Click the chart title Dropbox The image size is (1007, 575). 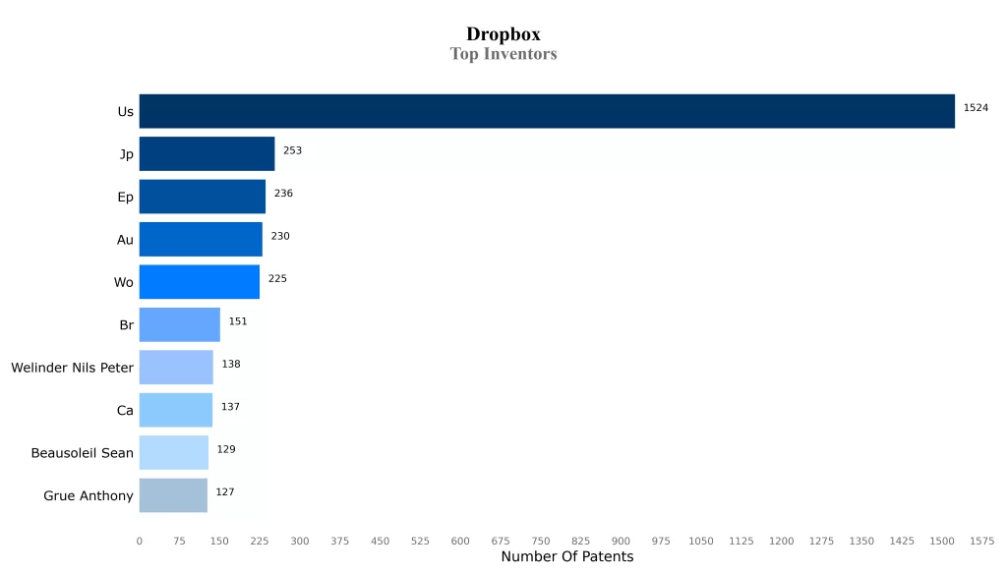[503, 34]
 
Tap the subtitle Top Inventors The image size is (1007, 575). [503, 54]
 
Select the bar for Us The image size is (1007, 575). [547, 111]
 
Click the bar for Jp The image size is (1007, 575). [207, 154]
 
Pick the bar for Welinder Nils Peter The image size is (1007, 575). [176, 368]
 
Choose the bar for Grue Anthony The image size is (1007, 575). [173, 495]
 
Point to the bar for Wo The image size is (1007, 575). [200, 282]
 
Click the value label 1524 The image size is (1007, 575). [976, 107]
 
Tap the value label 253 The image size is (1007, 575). [292, 150]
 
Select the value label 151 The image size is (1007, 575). [238, 321]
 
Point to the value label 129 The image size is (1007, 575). [226, 449]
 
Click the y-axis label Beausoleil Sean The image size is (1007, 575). [82, 453]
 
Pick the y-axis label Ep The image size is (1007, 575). [125, 198]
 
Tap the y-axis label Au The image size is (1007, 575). [125, 240]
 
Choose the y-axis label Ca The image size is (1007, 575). [125, 411]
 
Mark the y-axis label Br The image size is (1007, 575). [126, 325]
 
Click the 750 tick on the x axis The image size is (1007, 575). [541, 541]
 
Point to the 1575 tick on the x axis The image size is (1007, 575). [981, 541]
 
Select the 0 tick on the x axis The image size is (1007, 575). [139, 541]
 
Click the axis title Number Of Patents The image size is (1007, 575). [567, 557]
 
